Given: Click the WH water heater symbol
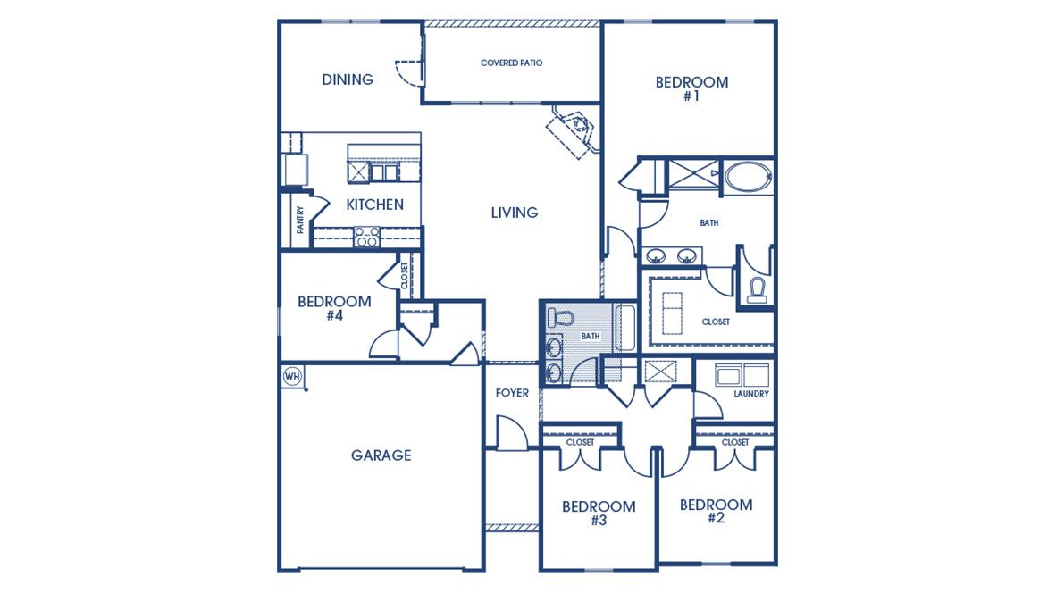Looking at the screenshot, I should (x=291, y=376).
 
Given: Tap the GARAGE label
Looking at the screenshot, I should (x=381, y=455).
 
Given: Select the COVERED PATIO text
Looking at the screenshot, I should (x=511, y=63).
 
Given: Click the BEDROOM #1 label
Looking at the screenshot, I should (x=691, y=88).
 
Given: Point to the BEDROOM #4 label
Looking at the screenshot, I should (x=334, y=308).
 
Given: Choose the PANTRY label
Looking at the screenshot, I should (x=300, y=220).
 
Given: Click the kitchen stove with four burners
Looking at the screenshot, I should (x=366, y=237).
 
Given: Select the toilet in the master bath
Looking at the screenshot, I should (x=758, y=289).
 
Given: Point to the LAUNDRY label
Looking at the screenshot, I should (x=750, y=394).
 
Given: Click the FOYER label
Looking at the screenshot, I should (x=512, y=393).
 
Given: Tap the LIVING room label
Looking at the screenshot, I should (x=514, y=213).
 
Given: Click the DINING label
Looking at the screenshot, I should (x=348, y=79).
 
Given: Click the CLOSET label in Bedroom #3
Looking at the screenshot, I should (x=580, y=442).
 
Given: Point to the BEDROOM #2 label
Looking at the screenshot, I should (x=716, y=511).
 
